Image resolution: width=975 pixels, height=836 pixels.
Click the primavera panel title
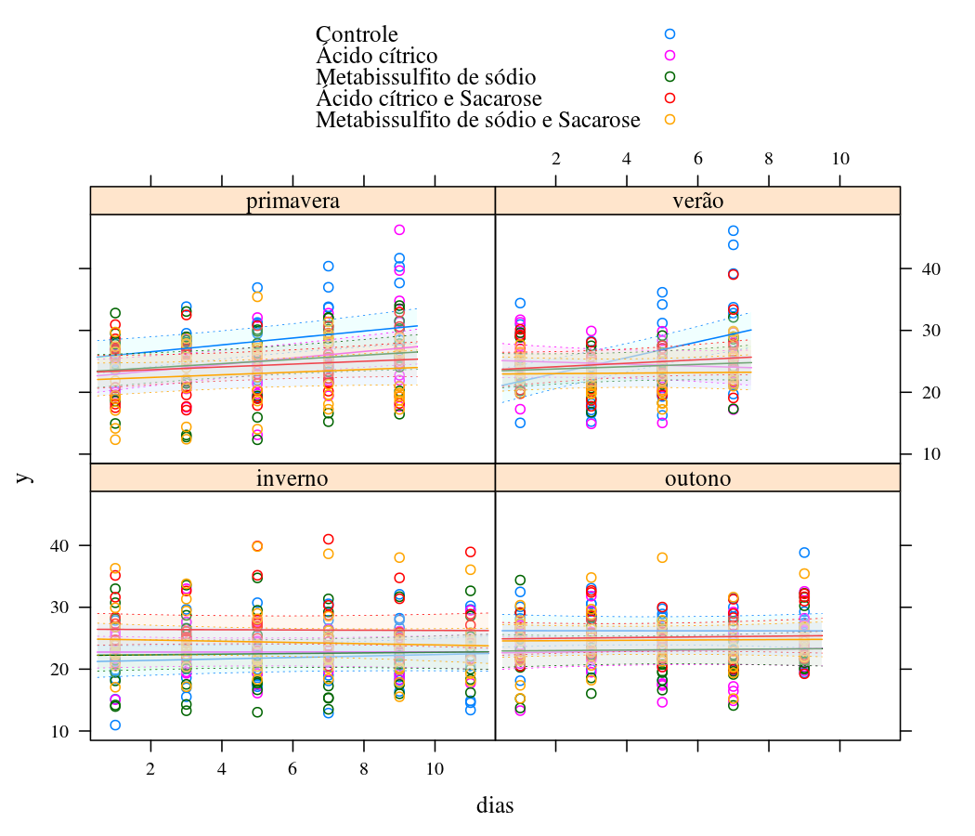[292, 202]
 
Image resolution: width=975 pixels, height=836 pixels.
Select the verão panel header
[697, 202]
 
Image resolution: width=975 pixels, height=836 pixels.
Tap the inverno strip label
[292, 478]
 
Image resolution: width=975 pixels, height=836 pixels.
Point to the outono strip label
[697, 478]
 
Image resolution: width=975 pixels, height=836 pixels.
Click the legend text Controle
[357, 35]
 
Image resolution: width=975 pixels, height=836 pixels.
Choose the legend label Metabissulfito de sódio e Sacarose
[477, 120]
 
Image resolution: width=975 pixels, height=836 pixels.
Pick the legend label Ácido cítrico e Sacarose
[428, 98]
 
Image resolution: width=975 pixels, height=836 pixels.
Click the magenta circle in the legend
[669, 56]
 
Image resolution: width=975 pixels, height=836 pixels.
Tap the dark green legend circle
[669, 77]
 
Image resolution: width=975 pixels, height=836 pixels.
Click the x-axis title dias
[494, 805]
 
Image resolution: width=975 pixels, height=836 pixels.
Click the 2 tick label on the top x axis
[556, 159]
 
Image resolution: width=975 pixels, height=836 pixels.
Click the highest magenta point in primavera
[399, 230]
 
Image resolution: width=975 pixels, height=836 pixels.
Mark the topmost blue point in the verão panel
[733, 230]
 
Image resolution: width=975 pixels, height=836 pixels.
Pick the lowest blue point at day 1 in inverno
[115, 725]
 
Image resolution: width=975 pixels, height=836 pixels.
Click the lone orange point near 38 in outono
[662, 557]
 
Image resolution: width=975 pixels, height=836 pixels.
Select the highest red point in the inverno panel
[328, 539]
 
